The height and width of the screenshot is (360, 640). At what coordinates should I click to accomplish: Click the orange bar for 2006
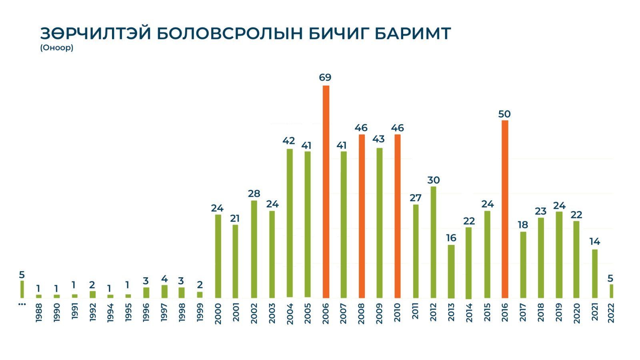pos(326,192)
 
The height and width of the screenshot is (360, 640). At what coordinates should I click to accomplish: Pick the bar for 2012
pos(433,242)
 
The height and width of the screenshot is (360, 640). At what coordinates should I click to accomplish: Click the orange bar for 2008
pos(362,216)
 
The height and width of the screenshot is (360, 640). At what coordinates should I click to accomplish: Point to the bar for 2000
pos(218,256)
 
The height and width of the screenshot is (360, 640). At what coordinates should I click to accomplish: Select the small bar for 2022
pos(611,291)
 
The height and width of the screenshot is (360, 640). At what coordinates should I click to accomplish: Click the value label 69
pos(325,78)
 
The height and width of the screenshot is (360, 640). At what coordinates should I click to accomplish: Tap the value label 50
pos(504,114)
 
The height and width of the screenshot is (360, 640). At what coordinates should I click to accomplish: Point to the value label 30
pos(434,180)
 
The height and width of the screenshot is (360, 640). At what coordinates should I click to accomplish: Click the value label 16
pos(451,238)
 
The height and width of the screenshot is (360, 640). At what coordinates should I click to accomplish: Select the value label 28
pos(254,194)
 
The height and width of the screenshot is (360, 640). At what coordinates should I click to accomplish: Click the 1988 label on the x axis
pos(39,313)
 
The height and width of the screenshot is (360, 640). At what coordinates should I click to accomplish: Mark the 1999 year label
pos(200,313)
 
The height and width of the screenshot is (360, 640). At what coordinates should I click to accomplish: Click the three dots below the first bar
pos(22,304)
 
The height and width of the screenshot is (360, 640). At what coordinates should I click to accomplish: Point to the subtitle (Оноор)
pos(56,48)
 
